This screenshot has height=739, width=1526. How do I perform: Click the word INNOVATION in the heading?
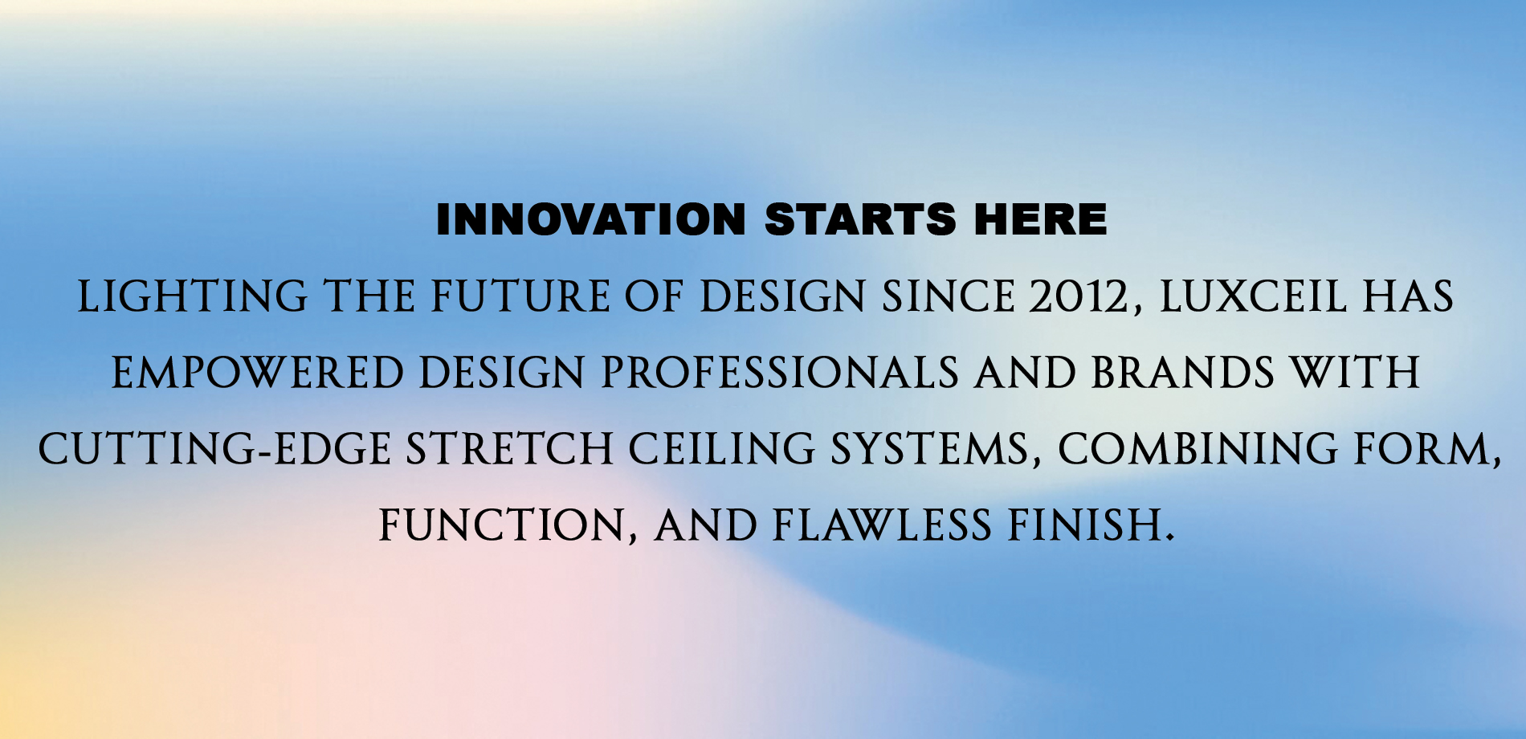point(591,219)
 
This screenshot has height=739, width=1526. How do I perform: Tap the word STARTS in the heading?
point(860,219)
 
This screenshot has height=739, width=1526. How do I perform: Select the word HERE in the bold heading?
point(1040,219)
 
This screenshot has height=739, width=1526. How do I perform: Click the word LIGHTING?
point(193,296)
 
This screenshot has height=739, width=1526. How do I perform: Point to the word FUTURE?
point(520,296)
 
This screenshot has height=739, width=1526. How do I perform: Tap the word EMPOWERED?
point(257,373)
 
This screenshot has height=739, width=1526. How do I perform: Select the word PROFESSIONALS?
point(780,373)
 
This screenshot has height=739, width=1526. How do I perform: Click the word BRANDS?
point(1182,373)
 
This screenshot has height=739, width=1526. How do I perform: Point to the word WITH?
point(1355,373)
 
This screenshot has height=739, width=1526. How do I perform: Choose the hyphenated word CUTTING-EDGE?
point(214,448)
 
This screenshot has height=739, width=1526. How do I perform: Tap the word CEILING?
point(722,448)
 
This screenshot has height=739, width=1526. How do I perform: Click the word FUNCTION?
point(508,525)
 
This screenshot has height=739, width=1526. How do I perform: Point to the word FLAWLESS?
point(882,525)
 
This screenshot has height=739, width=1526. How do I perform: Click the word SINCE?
point(948,296)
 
